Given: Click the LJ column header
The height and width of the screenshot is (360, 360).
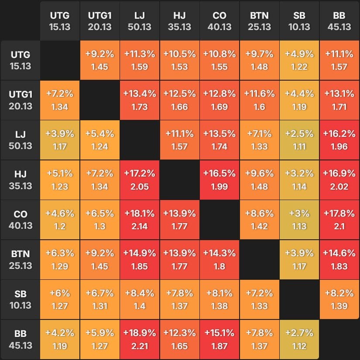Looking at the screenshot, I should (140, 21).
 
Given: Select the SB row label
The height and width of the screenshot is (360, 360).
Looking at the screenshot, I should (21, 300).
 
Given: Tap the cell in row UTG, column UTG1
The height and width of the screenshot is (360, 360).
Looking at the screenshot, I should (99, 60).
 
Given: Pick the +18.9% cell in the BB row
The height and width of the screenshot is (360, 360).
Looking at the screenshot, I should (140, 340).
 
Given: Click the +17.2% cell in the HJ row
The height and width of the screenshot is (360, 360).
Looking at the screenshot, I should (140, 180).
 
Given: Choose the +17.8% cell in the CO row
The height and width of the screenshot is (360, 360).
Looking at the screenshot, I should (339, 220).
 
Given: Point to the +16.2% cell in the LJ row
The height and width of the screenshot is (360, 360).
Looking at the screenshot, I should (339, 140).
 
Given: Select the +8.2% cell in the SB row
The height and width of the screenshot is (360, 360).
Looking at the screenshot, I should (339, 300).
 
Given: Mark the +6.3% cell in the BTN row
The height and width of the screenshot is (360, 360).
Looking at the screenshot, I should (60, 260).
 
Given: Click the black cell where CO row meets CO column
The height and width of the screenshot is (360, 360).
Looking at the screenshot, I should (219, 220).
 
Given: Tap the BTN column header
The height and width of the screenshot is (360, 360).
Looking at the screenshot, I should (259, 21).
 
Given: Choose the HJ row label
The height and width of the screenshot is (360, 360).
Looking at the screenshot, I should (21, 180).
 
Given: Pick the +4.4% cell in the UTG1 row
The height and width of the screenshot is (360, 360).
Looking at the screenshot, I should (299, 100).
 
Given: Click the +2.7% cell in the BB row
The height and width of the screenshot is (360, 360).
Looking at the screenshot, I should (299, 340).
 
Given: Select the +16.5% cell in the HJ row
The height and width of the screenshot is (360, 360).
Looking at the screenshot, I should (219, 180).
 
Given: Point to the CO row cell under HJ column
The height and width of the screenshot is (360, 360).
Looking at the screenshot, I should (179, 220).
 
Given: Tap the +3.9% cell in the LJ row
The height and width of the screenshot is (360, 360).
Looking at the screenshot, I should (60, 140).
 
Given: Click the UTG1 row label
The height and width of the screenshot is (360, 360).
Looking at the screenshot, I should (21, 100).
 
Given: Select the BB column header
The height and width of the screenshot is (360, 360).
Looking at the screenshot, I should (339, 21).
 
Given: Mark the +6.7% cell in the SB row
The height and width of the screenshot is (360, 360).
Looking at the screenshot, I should (99, 300).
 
